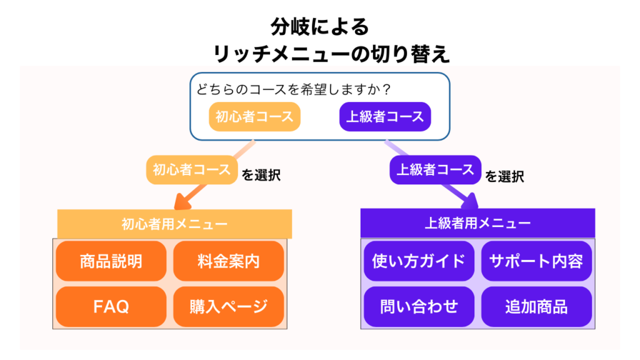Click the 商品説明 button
[111, 261]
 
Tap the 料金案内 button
[228, 261]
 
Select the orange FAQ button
[111, 306]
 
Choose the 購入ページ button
[228, 306]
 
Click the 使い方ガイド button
[419, 261]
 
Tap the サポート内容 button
[536, 261]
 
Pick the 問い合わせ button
[419, 306]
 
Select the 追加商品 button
[536, 306]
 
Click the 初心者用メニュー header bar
[174, 223]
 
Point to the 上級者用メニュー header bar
[477, 223]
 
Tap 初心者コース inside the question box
[254, 116]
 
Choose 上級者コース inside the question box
[385, 116]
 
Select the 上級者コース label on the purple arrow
[436, 169]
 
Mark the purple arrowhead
[469, 201]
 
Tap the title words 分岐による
[320, 26]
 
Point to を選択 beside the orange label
[261, 176]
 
